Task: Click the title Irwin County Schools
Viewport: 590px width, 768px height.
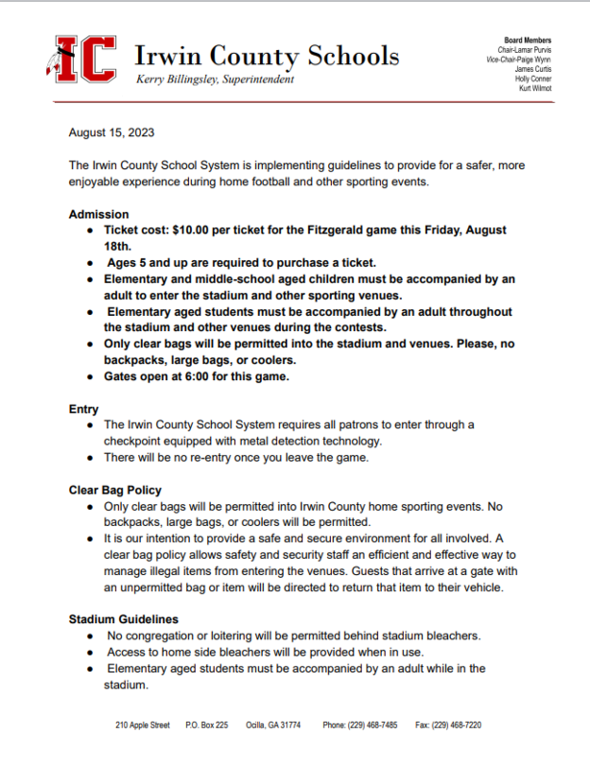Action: click(267, 55)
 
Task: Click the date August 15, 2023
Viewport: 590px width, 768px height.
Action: click(111, 132)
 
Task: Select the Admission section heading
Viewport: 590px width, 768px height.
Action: click(99, 214)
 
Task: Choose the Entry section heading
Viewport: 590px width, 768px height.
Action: click(83, 409)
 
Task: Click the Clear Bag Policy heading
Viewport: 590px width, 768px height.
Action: click(115, 490)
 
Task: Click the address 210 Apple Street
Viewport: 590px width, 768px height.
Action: click(142, 725)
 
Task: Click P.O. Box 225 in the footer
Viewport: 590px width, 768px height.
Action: click(206, 725)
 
